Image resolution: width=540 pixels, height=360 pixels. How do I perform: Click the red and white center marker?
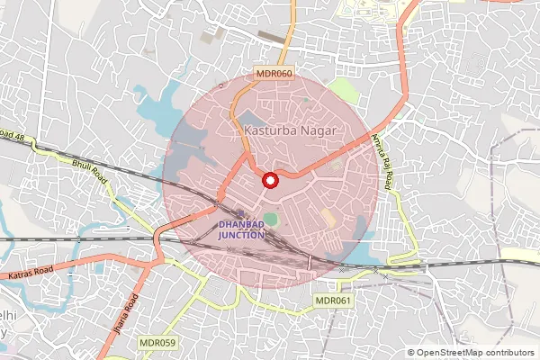269,181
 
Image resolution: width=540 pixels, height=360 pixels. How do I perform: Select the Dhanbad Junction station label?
240,229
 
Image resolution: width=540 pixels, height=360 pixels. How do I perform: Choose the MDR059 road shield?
157,343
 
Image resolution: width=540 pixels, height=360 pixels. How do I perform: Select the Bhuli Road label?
89,168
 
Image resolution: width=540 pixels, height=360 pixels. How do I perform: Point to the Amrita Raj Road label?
382,161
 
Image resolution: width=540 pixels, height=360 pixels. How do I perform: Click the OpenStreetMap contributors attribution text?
475,353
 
